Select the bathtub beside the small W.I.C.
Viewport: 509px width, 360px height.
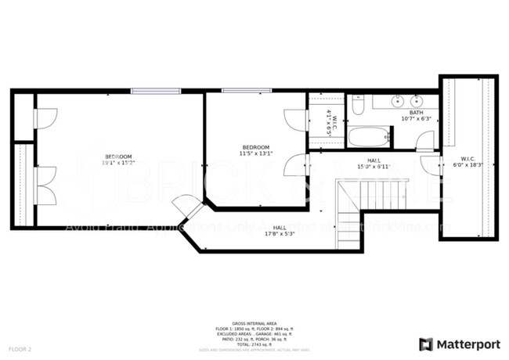tap(368, 138)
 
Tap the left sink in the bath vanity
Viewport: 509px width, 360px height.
tap(397, 102)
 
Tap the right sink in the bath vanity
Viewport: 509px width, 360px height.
tap(416, 102)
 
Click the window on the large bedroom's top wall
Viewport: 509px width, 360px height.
tap(156, 92)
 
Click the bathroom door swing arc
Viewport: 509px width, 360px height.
tap(424, 141)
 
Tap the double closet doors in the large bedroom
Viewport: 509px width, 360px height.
tap(45, 185)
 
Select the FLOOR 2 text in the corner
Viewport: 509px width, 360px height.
tap(20, 348)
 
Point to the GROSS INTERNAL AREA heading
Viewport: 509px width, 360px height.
tap(254, 322)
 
